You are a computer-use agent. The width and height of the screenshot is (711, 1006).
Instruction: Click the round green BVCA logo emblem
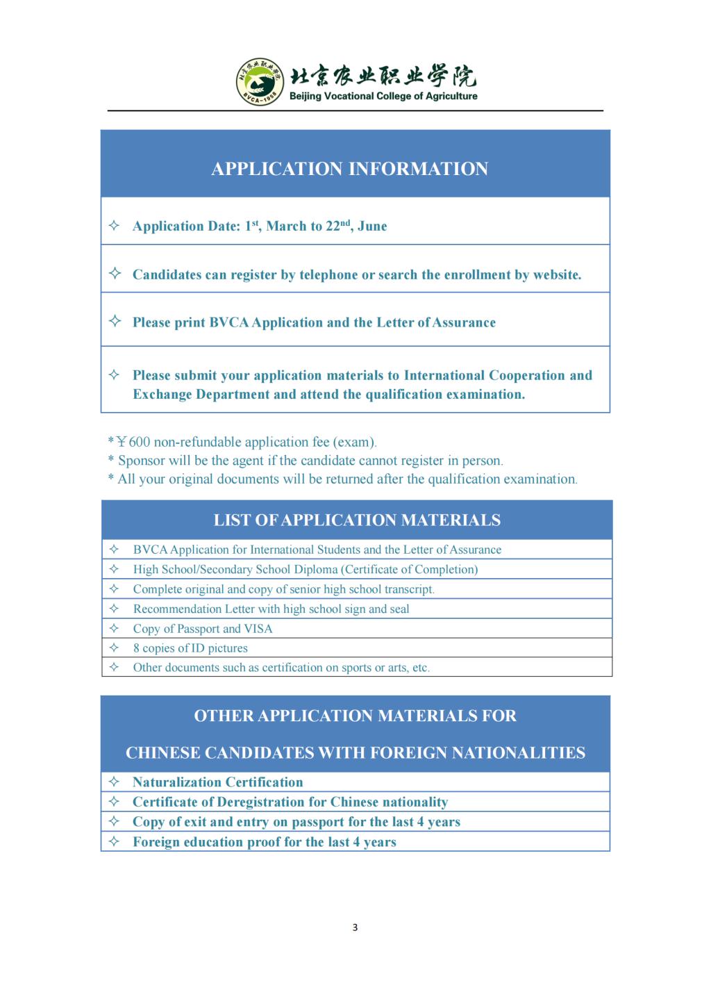[260, 82]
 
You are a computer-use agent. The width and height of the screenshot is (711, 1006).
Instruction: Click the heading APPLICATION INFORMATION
[349, 169]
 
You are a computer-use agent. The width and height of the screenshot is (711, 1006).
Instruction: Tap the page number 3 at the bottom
[355, 927]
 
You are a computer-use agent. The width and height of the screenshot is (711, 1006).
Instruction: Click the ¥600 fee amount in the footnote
[133, 442]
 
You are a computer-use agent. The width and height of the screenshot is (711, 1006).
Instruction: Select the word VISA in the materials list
[258, 629]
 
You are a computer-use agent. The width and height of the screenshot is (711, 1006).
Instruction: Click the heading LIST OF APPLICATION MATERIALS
[357, 520]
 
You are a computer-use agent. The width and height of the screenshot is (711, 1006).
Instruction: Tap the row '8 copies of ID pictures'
[190, 648]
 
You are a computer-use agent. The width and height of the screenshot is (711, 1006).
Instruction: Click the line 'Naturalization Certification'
[217, 782]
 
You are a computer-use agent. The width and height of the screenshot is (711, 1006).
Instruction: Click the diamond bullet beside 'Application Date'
[115, 226]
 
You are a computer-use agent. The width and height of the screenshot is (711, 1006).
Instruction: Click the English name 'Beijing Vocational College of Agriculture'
[383, 97]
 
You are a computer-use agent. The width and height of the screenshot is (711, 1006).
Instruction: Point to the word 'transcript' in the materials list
[409, 589]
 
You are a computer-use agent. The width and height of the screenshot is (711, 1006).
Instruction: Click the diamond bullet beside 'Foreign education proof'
[115, 842]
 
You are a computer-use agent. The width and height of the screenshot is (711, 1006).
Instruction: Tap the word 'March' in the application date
[287, 226]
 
